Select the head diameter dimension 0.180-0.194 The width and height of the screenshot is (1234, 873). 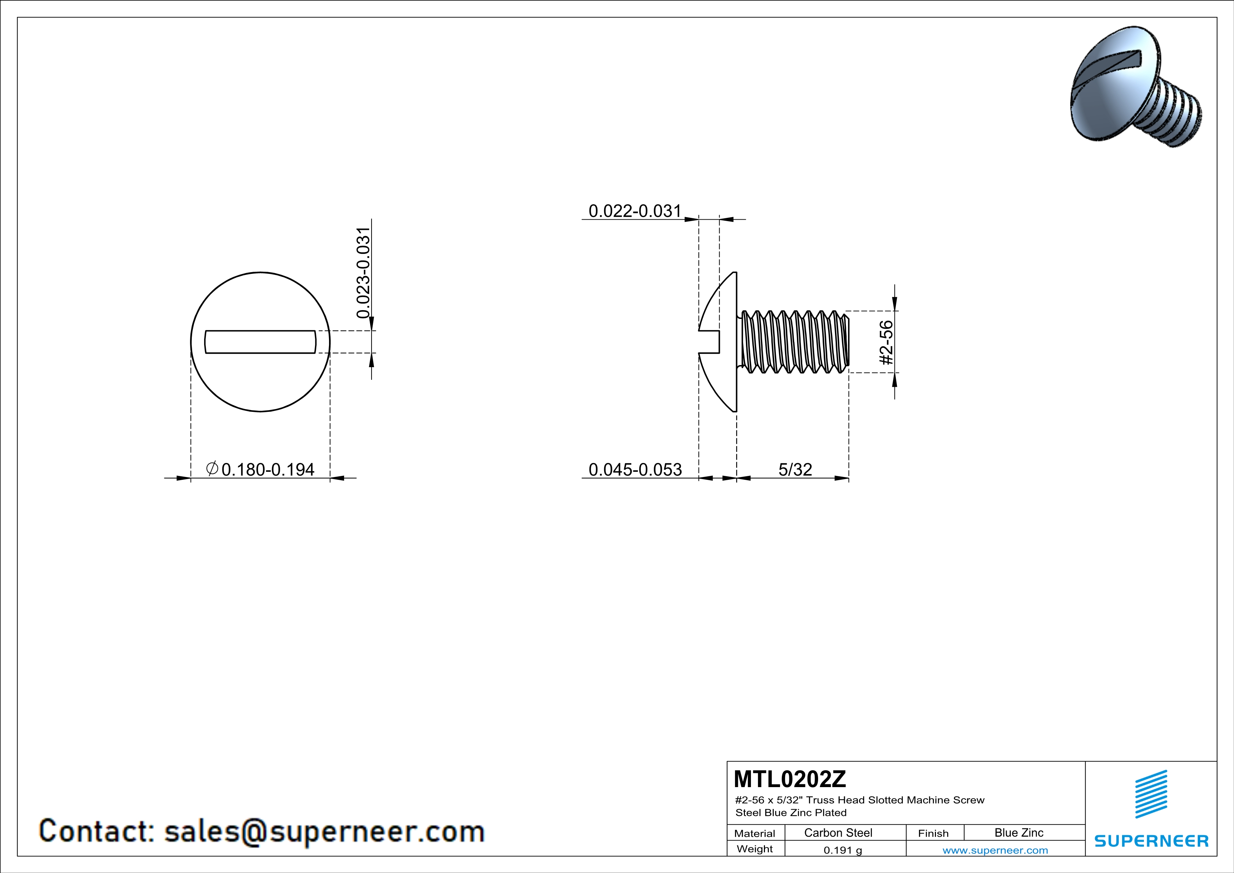268,470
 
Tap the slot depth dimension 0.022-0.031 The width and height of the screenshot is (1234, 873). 635,211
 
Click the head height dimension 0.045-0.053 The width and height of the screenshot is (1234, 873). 635,470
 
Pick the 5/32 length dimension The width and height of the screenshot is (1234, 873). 795,470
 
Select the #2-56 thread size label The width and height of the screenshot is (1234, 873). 886,343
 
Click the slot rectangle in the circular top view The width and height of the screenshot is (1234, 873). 261,342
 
